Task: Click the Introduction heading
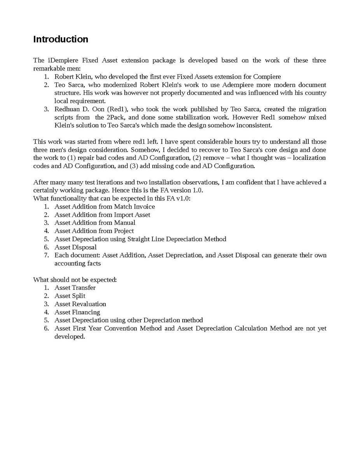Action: (x=61, y=39)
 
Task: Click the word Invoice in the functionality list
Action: (x=144, y=207)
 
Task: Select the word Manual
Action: (x=125, y=223)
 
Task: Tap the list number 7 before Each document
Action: (x=46, y=255)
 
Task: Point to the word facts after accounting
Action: (x=93, y=263)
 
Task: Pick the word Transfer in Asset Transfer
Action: (x=84, y=288)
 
